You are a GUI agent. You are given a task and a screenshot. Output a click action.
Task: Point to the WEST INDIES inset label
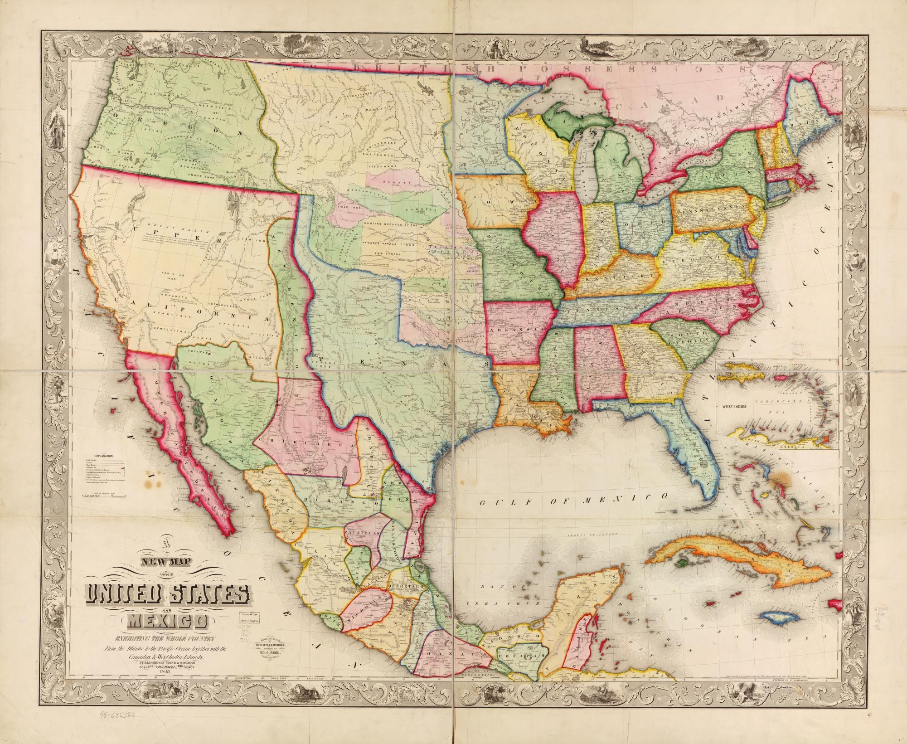731,406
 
